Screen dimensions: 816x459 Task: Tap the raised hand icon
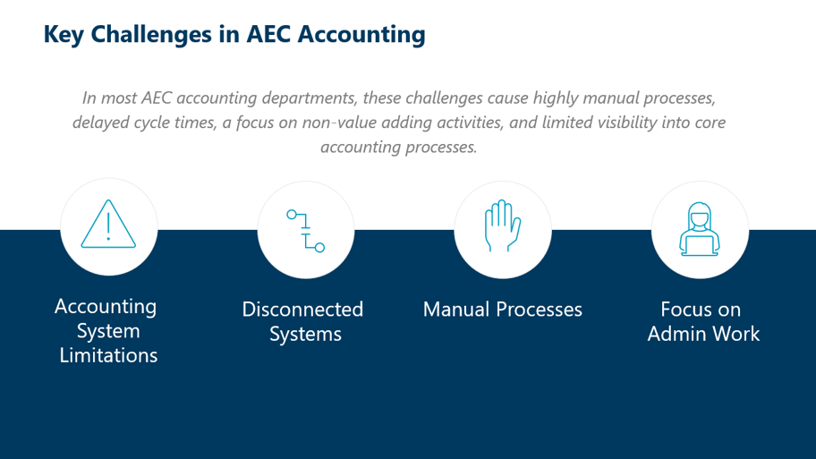[502, 225]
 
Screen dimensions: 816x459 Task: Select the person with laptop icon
[700, 229]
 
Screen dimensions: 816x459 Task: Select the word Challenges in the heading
[151, 35]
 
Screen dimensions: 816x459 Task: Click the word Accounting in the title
[361, 35]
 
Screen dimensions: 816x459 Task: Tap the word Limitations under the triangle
[108, 355]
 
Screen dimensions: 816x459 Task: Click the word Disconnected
[302, 309]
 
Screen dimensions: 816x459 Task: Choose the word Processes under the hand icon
[540, 309]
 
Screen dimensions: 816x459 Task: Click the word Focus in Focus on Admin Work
[682, 309]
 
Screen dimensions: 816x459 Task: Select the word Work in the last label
[735, 334]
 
